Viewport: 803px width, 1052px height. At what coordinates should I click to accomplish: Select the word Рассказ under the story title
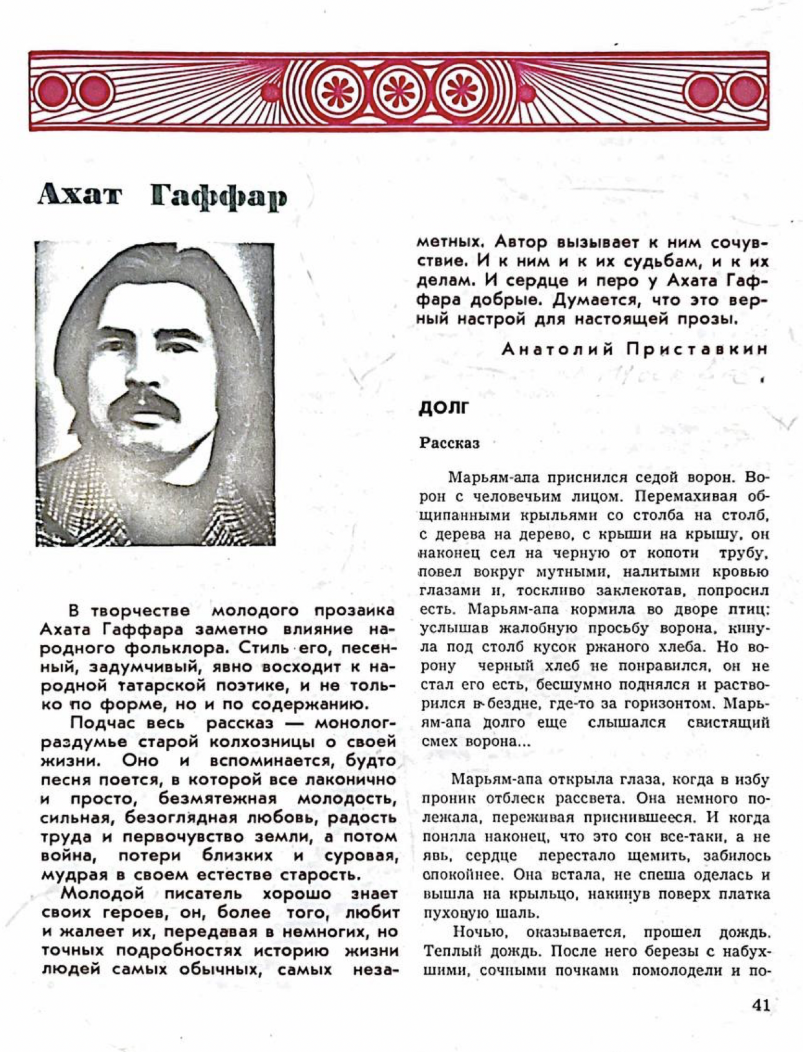tap(449, 443)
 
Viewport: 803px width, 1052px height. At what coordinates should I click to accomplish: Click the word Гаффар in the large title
tap(219, 197)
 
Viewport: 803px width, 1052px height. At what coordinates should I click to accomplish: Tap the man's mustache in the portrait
tap(146, 407)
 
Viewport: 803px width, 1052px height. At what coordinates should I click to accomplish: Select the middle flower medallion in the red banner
tap(398, 92)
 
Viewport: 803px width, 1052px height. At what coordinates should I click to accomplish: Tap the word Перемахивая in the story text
tap(685, 497)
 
